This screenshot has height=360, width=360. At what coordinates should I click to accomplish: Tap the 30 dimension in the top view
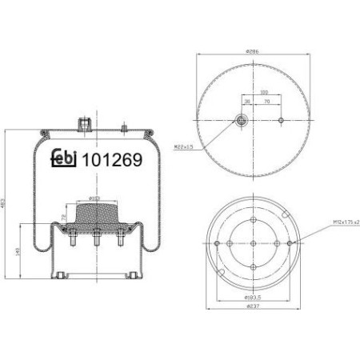click(x=247, y=102)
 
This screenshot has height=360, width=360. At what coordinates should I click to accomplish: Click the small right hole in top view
click(x=280, y=121)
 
